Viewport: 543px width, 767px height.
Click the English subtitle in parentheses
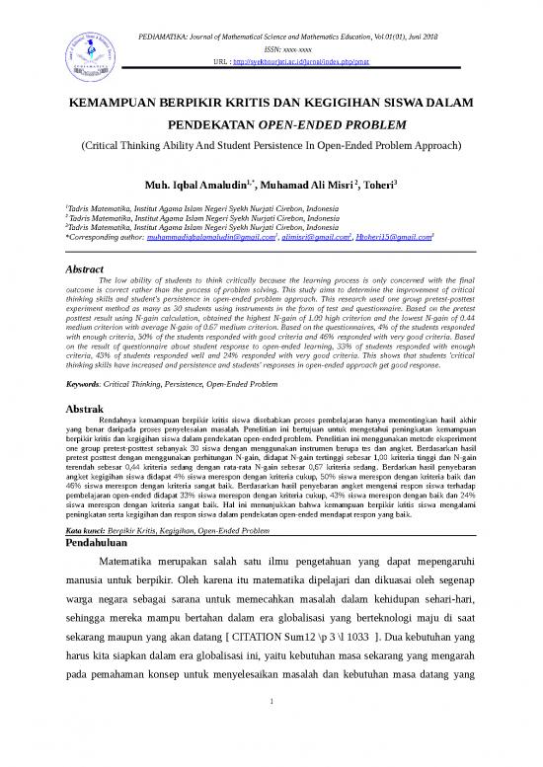tap(271, 145)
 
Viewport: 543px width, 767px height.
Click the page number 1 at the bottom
tap(270, 731)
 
